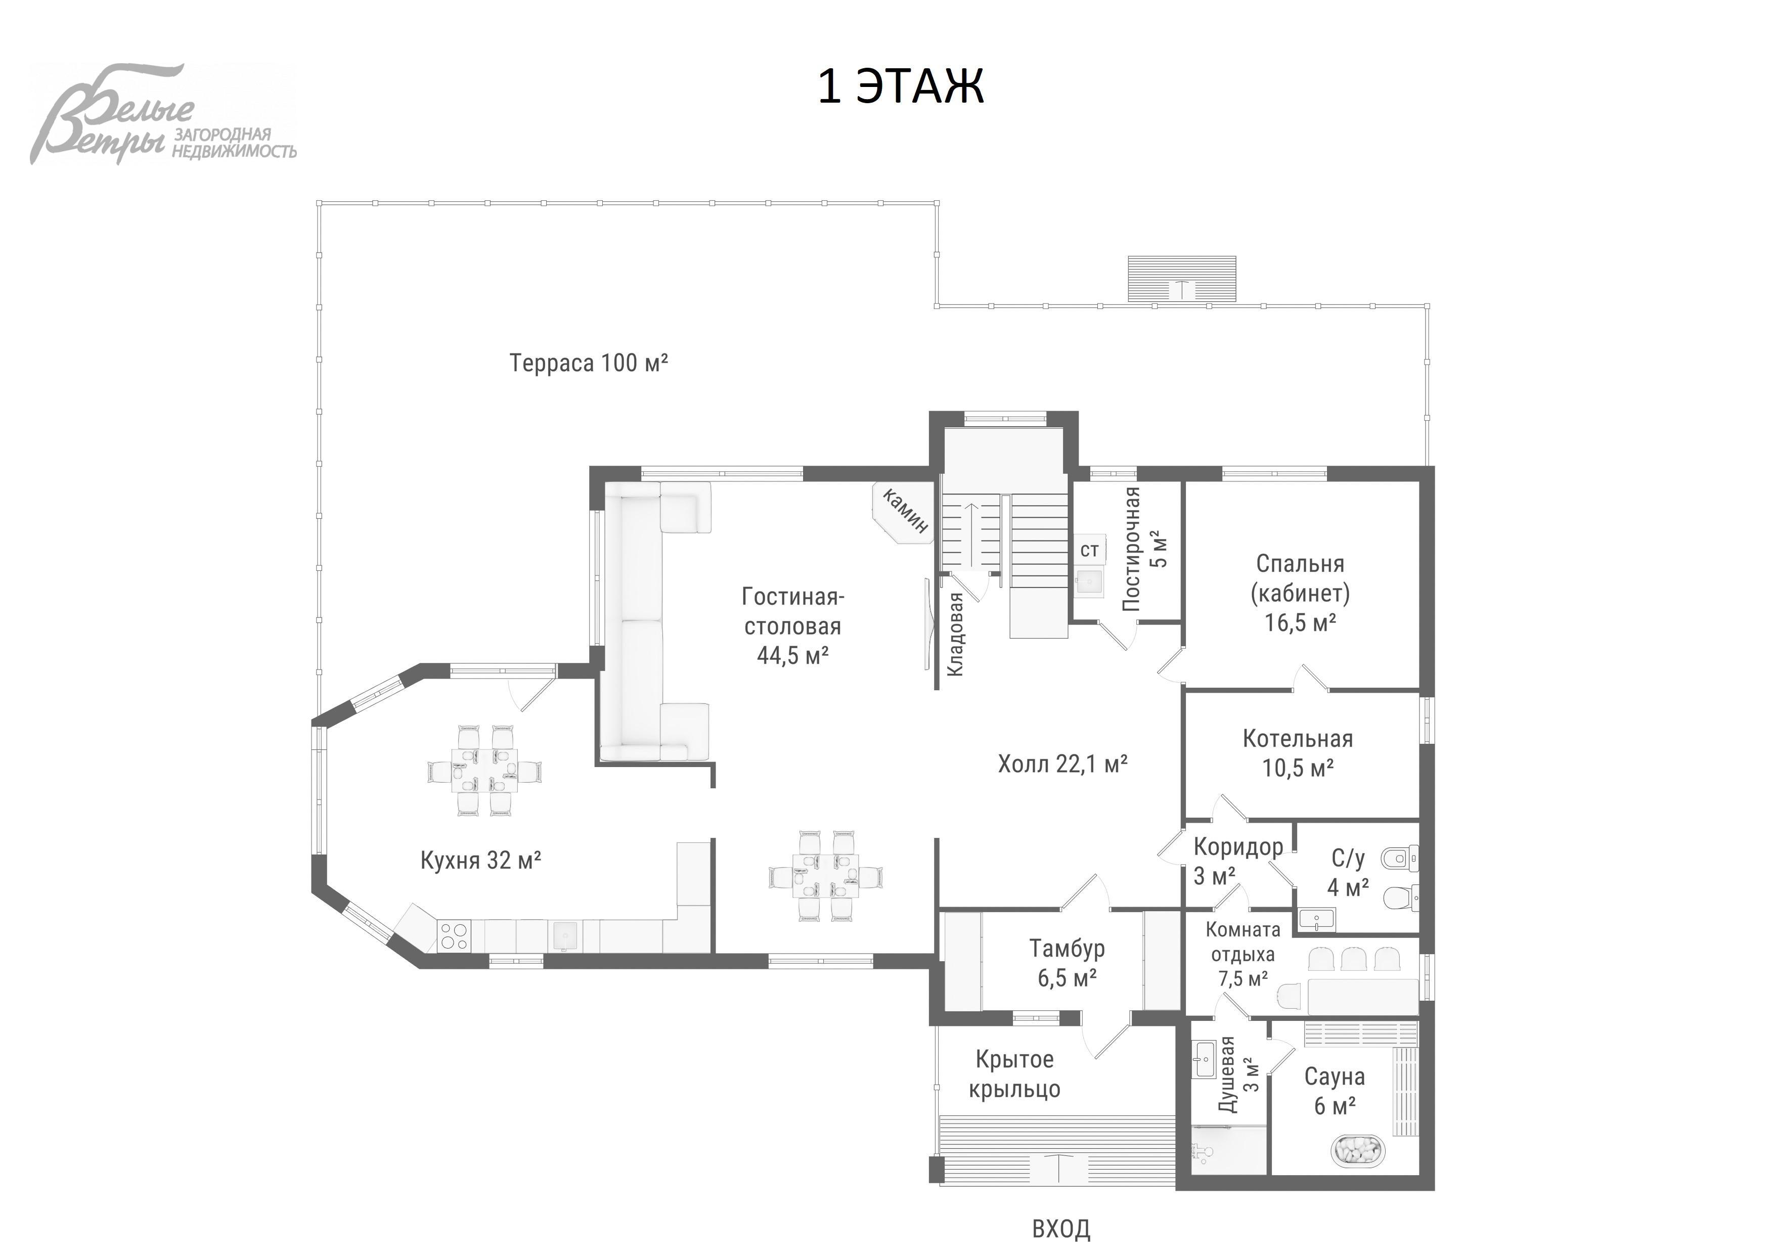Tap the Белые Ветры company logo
163,114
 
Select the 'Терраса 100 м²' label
589,363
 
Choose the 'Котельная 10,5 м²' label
1298,753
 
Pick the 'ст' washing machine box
1089,550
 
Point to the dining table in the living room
827,875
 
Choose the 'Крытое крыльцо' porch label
1014,1074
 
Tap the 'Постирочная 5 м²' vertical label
1143,549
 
